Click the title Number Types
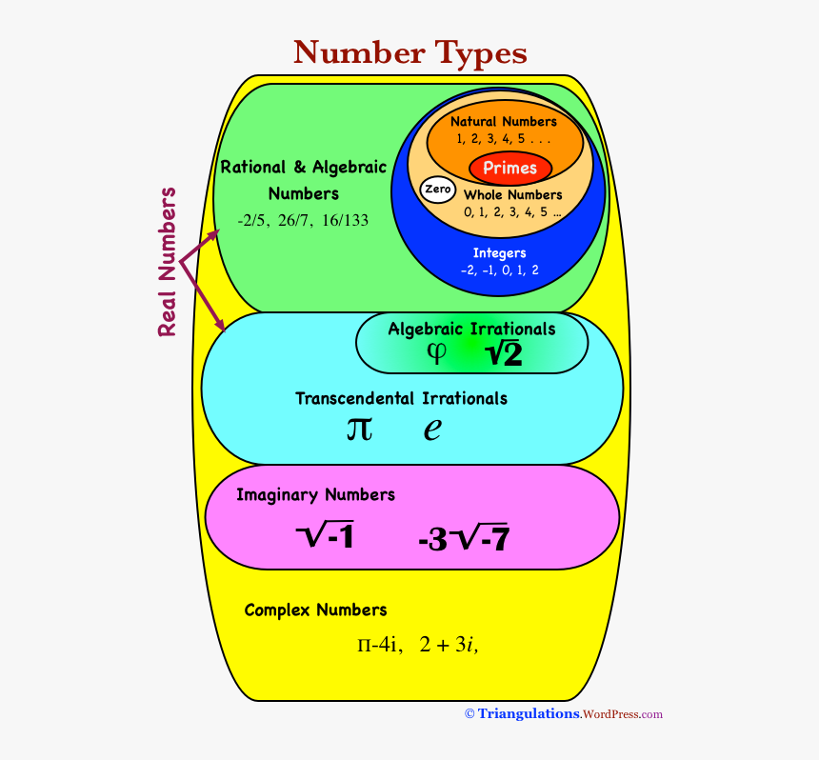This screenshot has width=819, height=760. (409, 51)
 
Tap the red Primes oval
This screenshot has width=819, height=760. (509, 169)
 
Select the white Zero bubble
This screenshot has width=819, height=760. (437, 190)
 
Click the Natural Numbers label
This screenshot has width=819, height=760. (503, 122)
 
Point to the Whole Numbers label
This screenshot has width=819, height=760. (512, 195)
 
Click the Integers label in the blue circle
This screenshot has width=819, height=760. (499, 253)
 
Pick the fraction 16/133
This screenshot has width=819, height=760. (345, 220)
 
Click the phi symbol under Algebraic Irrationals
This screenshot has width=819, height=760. (436, 353)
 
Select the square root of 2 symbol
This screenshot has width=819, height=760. (503, 354)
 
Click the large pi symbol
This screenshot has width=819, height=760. (359, 429)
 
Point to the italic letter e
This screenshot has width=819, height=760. (432, 430)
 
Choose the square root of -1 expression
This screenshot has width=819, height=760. (325, 537)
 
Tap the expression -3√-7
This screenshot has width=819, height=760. (463, 539)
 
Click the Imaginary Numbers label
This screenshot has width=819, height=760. (315, 495)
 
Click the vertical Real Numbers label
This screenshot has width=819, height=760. (168, 262)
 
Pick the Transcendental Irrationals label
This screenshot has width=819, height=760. (401, 398)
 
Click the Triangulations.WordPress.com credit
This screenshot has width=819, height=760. (563, 714)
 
